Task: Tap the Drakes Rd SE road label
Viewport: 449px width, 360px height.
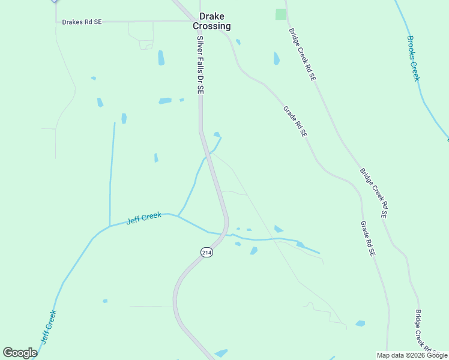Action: pyautogui.click(x=82, y=22)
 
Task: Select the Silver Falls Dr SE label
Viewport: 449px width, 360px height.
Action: pyautogui.click(x=200, y=64)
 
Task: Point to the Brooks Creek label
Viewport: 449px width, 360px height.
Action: pyautogui.click(x=413, y=58)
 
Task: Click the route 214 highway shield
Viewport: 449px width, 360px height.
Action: pyautogui.click(x=206, y=253)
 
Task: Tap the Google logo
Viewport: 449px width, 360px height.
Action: pyautogui.click(x=20, y=353)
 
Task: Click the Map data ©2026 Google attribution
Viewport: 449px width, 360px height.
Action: pyautogui.click(x=412, y=355)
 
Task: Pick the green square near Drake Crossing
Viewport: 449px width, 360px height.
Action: pyautogui.click(x=281, y=14)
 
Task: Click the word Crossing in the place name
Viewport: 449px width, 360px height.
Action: pyautogui.click(x=211, y=26)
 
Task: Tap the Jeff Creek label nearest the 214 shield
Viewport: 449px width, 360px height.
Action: pyautogui.click(x=144, y=218)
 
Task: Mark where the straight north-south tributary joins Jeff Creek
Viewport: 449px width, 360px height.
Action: pyautogui.click(x=109, y=226)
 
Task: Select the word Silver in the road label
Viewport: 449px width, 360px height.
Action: pyautogui.click(x=200, y=44)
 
